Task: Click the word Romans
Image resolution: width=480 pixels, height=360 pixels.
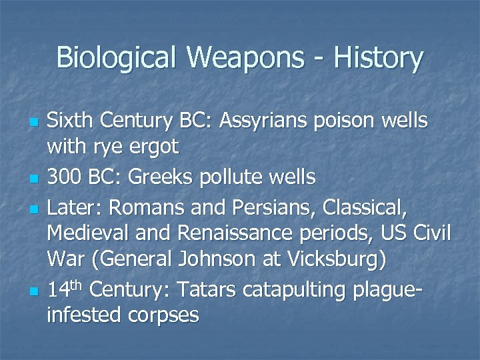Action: pos(143,209)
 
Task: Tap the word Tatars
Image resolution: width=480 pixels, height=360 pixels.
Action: pos(207,290)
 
